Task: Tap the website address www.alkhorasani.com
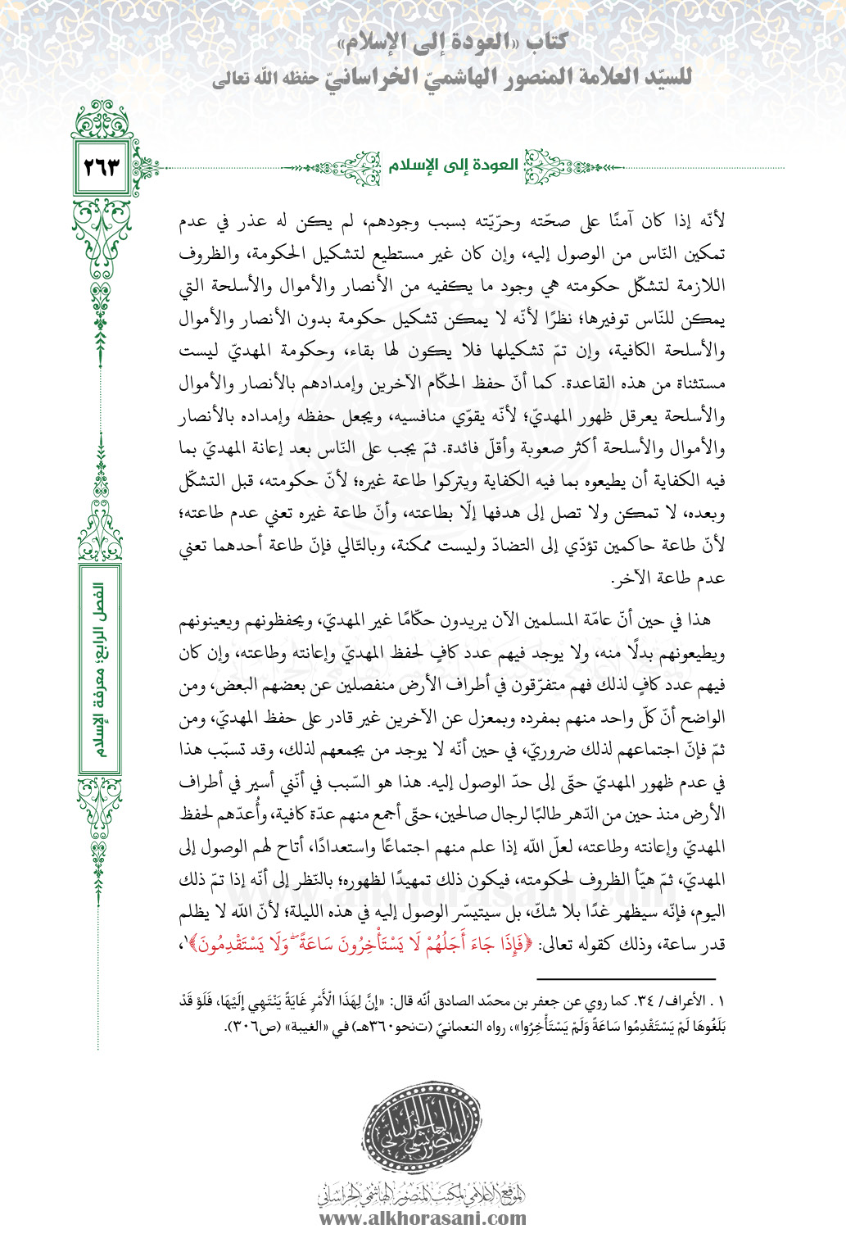pos(423,1218)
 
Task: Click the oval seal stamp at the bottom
pos(423,1130)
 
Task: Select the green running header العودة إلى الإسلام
pos(453,166)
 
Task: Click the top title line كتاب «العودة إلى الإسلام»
pos(454,43)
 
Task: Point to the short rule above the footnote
pos(627,979)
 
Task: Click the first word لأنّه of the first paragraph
pos(712,221)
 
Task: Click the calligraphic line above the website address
pos(423,1195)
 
